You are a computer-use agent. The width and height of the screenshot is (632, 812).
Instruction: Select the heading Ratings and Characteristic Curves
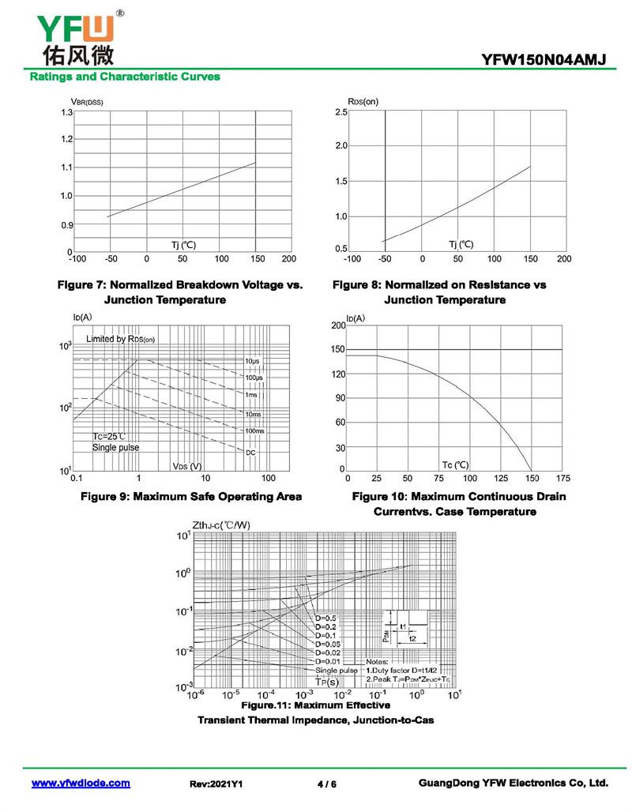(x=125, y=77)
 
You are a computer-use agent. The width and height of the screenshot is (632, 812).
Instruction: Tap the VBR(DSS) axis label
(x=87, y=101)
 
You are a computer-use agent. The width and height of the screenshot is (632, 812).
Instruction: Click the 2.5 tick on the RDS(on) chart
(x=340, y=112)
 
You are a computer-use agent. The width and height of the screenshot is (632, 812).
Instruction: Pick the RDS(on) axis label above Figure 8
(x=363, y=101)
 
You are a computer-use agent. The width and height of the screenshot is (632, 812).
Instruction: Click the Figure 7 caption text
(x=181, y=291)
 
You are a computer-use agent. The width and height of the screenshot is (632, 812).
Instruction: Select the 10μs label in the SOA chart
(x=252, y=361)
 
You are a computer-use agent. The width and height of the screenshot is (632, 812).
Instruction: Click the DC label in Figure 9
(x=250, y=452)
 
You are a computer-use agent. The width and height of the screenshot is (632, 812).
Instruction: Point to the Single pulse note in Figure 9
(x=115, y=448)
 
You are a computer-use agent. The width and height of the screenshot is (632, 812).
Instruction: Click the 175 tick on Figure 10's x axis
(x=563, y=478)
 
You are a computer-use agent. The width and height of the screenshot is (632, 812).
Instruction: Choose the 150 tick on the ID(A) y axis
(x=338, y=349)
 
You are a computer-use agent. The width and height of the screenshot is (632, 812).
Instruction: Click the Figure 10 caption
(x=459, y=504)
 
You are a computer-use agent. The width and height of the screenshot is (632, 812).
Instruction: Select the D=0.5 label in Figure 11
(x=325, y=618)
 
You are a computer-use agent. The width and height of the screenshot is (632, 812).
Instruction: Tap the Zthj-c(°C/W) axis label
(x=221, y=524)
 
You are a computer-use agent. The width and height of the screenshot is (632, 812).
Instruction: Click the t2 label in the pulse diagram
(x=412, y=637)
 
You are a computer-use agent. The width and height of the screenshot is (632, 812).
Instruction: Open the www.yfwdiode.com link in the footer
(x=81, y=783)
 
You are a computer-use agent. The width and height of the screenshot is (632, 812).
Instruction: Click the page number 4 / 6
(x=326, y=784)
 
